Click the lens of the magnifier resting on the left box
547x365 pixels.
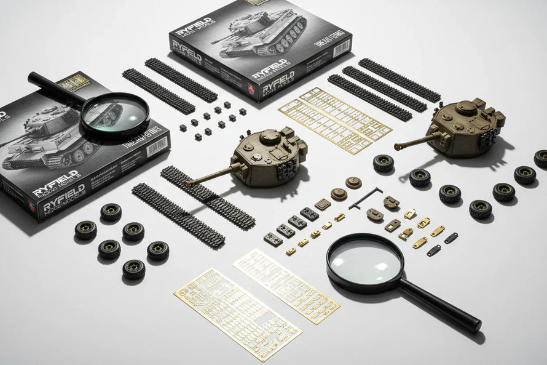[115, 114]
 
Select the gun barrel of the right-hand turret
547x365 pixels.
[415, 141]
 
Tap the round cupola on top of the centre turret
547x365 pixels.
[269, 137]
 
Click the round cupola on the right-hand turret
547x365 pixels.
[465, 108]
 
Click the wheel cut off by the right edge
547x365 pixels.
[541, 159]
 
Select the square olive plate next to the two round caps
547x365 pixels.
[322, 205]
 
